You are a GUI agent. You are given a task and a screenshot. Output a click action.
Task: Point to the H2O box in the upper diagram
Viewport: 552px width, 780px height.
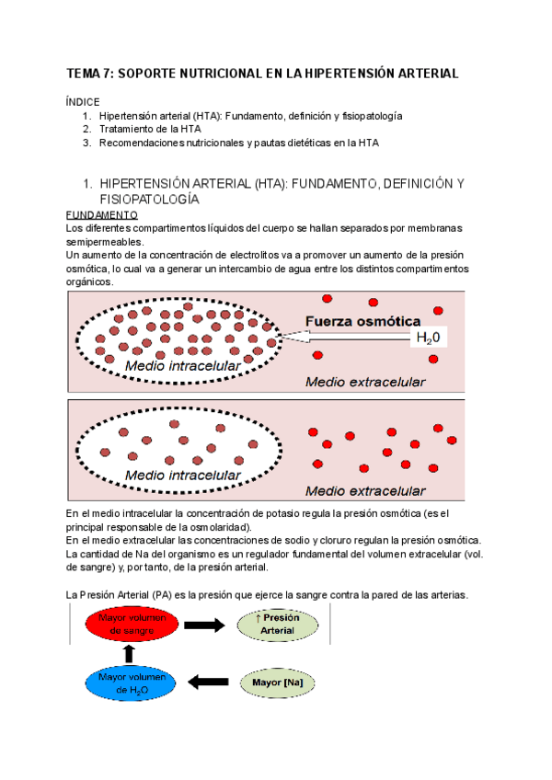click(428, 338)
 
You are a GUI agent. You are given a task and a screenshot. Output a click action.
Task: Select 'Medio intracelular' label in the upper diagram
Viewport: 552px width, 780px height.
click(182, 366)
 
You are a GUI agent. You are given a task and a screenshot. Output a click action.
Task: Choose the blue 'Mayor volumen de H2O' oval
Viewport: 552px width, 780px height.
click(129, 682)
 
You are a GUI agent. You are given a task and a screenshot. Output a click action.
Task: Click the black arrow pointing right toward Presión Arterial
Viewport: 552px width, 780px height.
click(204, 625)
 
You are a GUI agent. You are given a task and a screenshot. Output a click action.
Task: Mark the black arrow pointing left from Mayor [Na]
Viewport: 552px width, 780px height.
click(208, 682)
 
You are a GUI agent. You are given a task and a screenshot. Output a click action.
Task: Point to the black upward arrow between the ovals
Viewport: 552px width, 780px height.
click(129, 654)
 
